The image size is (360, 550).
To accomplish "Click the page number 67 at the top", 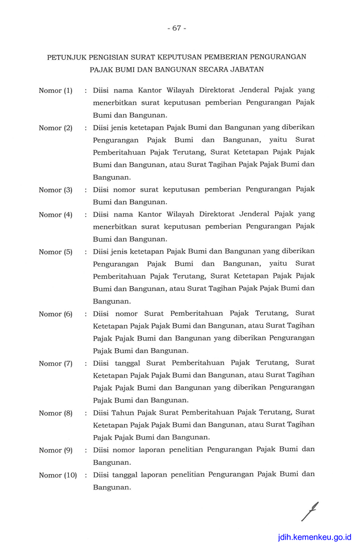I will point(177,28).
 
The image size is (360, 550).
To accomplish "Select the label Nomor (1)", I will point(55,90).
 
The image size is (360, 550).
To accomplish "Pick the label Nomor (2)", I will point(55,128).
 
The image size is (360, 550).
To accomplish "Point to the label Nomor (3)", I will point(55,190).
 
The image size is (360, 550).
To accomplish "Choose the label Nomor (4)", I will point(55,215).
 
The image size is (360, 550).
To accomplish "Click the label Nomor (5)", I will point(55,252).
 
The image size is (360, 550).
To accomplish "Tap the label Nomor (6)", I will point(55,314).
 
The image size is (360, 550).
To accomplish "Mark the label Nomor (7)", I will point(55,364).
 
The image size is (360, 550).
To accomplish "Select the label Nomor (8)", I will point(55,413).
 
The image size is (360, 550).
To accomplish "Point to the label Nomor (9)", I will point(55,450).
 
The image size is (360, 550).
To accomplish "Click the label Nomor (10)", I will point(57,475).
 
